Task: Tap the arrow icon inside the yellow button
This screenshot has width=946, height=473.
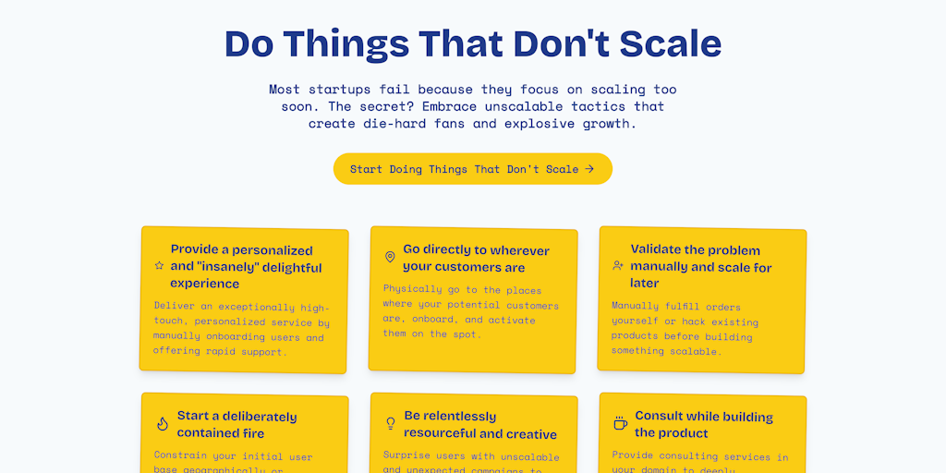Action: (589, 169)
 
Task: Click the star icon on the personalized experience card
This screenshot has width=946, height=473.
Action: (159, 266)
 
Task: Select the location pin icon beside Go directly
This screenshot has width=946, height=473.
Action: (390, 257)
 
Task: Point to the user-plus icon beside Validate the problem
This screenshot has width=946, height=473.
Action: (618, 265)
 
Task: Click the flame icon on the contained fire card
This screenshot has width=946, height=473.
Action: (163, 424)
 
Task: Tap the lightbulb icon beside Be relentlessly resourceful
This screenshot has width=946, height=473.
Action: (391, 423)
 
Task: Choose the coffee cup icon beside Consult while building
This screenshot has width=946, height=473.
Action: (621, 423)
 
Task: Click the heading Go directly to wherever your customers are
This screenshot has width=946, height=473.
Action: (476, 259)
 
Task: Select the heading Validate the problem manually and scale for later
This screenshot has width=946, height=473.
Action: (700, 266)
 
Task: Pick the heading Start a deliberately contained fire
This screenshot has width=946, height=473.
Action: (236, 425)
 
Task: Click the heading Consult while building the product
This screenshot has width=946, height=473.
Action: (703, 425)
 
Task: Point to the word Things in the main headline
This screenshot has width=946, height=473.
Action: (348, 44)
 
